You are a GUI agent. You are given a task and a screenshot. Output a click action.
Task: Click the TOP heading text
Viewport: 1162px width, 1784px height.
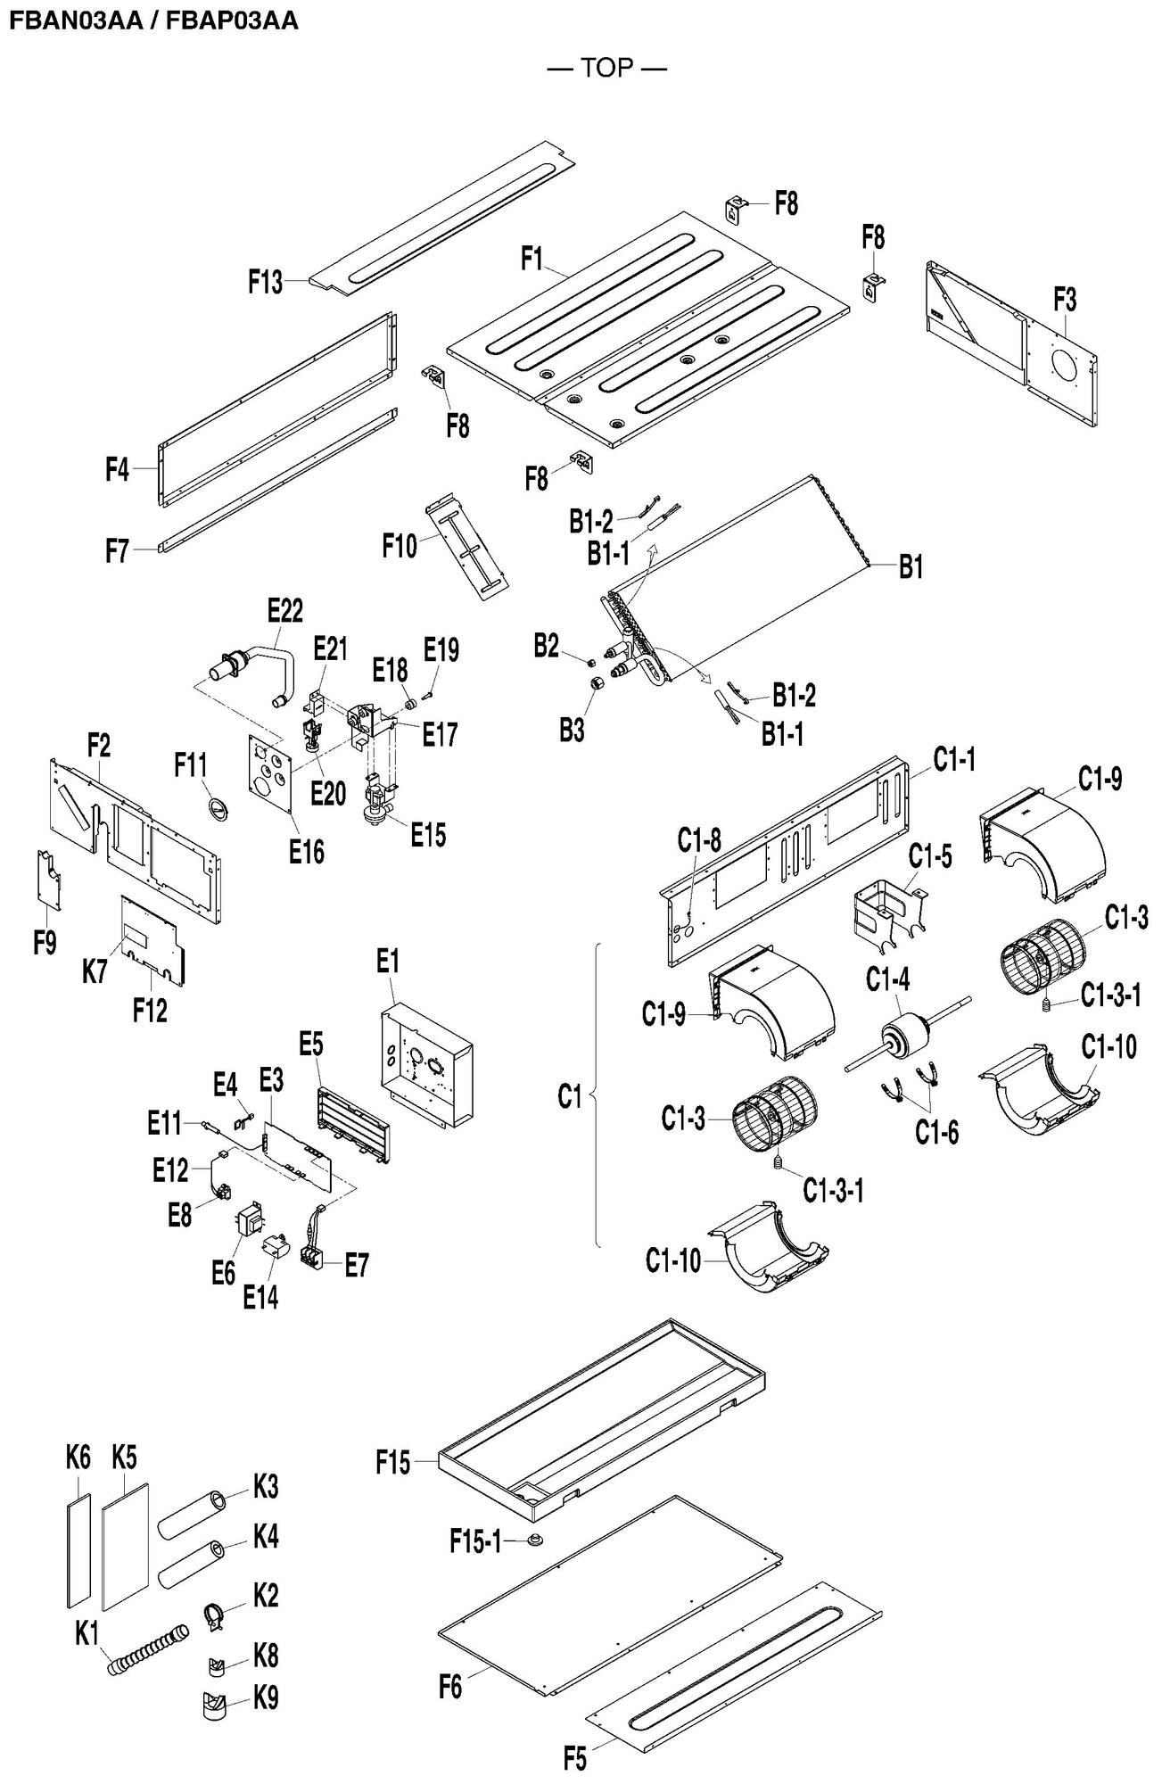607,68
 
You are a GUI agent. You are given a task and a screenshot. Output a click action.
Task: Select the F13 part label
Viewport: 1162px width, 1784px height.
265,283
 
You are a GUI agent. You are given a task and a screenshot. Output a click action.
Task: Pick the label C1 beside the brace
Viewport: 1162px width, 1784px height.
569,1096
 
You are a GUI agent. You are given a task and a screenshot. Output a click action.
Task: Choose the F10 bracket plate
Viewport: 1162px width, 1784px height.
468,549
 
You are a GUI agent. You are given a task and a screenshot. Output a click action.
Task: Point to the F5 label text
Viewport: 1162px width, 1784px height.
575,1760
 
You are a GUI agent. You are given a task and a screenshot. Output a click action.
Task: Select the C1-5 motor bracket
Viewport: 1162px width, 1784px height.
883,912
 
